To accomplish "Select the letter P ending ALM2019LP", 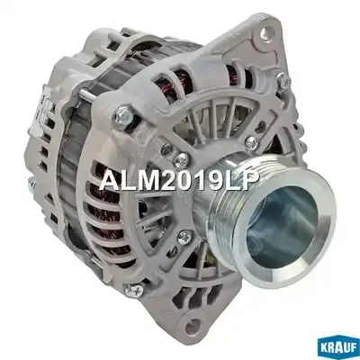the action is (250, 182).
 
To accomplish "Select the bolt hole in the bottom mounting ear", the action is (193, 323).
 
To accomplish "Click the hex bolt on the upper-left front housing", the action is (122, 113).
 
